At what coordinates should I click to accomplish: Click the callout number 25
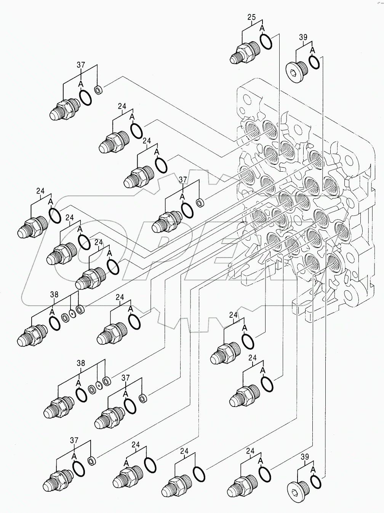pyautogui.click(x=251, y=17)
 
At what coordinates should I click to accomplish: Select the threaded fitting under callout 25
pyautogui.click(x=244, y=53)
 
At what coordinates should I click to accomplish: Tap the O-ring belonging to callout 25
pyautogui.click(x=266, y=41)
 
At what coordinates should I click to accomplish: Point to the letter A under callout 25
pyautogui.click(x=262, y=28)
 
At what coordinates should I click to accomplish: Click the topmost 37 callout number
pyautogui.click(x=81, y=65)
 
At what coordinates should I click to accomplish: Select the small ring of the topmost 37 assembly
pyautogui.click(x=98, y=91)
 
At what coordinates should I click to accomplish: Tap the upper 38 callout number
pyautogui.click(x=54, y=294)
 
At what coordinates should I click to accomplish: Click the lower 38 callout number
pyautogui.click(x=81, y=363)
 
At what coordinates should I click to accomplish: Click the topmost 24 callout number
pyautogui.click(x=122, y=106)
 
